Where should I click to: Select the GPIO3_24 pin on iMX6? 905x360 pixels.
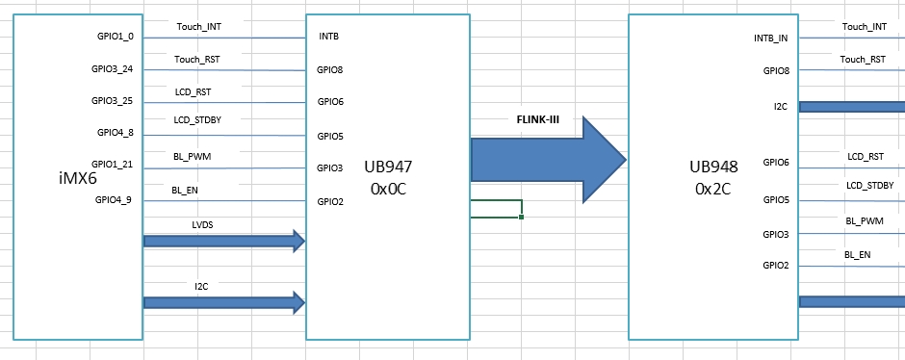[x=113, y=69]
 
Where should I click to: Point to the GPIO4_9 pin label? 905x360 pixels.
[x=115, y=200]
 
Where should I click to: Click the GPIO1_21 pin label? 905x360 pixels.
[x=113, y=164]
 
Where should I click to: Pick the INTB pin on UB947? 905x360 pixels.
[x=327, y=37]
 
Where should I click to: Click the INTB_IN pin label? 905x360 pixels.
[x=770, y=39]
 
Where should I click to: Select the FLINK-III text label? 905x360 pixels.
[x=538, y=119]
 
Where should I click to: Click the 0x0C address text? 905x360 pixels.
[x=389, y=189]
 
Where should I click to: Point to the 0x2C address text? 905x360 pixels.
[x=713, y=189]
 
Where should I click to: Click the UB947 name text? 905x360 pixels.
[x=389, y=167]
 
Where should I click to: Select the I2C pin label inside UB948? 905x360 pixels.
[x=781, y=106]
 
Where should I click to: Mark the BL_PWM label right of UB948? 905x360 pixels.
[x=865, y=221]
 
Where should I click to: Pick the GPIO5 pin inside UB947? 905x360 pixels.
[x=330, y=137]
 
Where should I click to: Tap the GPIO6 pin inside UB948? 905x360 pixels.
[x=776, y=163]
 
